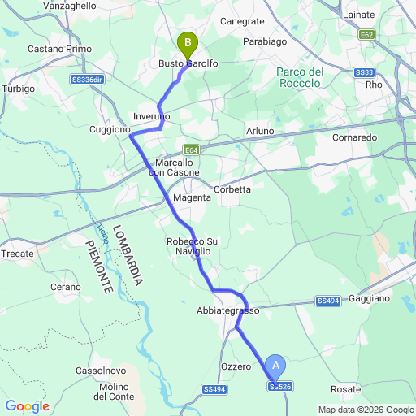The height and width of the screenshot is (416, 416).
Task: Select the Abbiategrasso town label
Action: [x=227, y=311]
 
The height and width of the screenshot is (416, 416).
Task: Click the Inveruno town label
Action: [x=152, y=117]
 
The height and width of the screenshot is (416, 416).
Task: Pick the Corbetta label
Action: [x=232, y=189]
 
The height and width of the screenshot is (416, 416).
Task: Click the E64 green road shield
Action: [x=191, y=149]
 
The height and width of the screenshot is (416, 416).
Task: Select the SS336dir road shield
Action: [x=87, y=80]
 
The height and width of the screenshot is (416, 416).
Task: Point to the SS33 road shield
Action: [x=363, y=72]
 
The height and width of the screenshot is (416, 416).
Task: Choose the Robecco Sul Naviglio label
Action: [x=189, y=247]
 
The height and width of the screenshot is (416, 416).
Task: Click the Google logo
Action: [x=27, y=406]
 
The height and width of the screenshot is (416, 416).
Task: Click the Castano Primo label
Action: [x=59, y=49]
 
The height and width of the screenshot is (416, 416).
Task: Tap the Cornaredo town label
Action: [x=355, y=138]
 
